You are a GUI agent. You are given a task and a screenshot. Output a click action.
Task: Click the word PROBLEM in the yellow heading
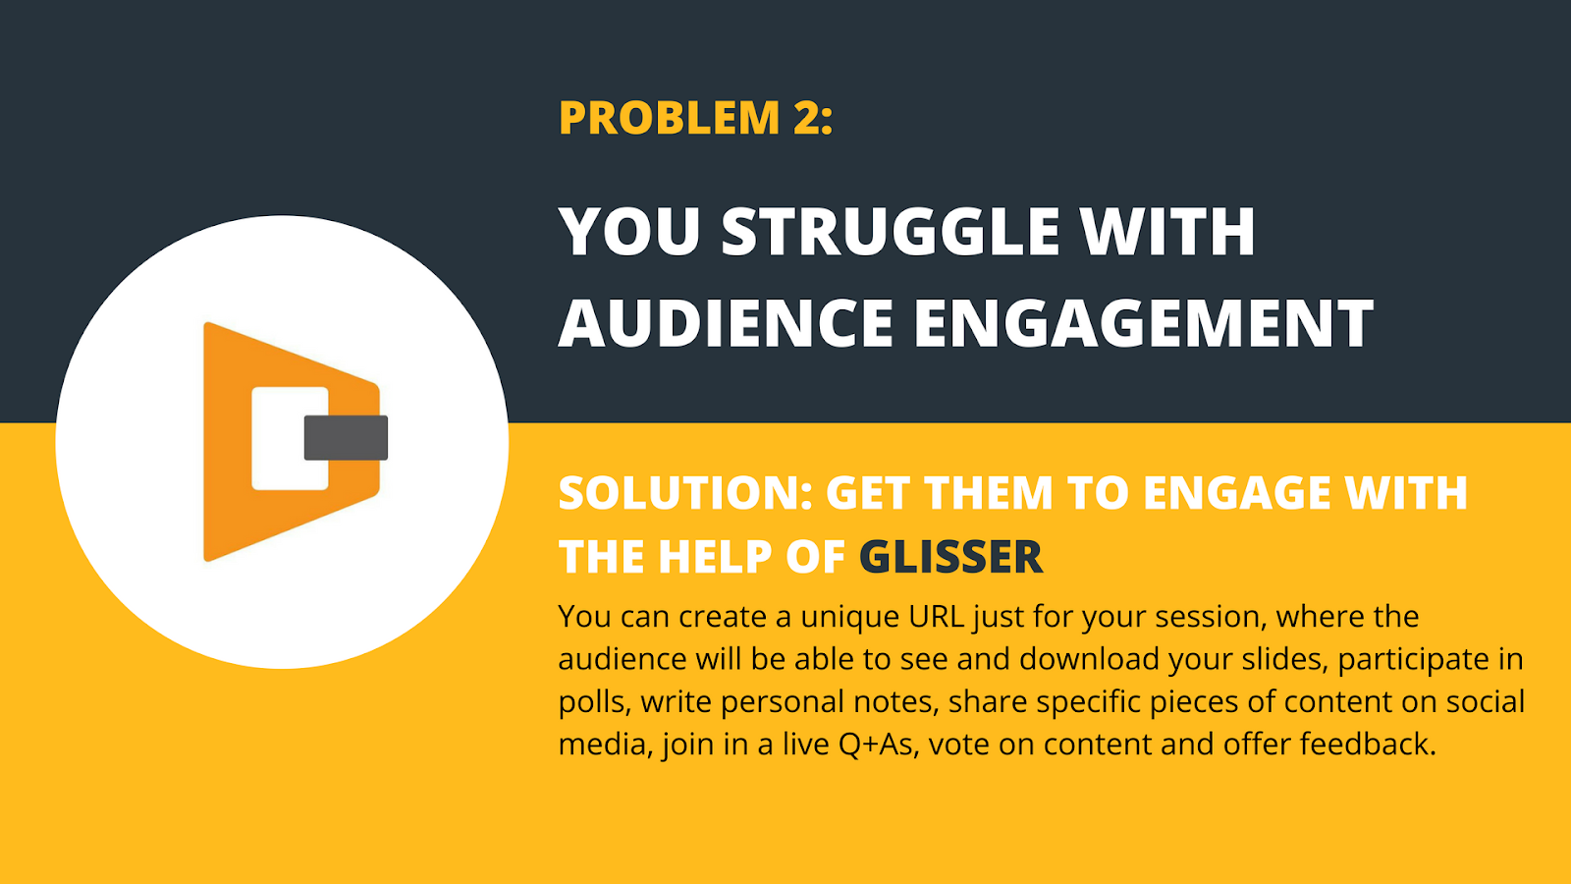click(669, 119)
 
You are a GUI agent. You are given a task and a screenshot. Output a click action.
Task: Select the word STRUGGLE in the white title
click(891, 233)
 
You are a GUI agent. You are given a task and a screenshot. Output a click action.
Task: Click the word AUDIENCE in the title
click(726, 324)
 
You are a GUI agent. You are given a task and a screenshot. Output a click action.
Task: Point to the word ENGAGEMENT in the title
click(1143, 324)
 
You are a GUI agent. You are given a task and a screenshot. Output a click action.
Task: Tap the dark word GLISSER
click(950, 558)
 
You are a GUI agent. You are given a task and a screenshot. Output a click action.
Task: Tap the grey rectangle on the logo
click(346, 438)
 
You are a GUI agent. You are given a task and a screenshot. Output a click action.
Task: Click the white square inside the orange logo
click(278, 438)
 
